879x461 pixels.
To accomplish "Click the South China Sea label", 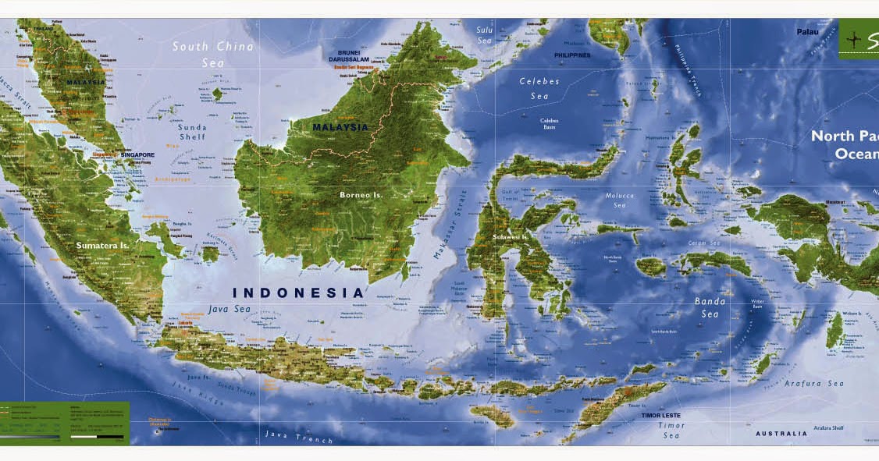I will [212, 54].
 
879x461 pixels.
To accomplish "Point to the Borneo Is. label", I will [361, 194].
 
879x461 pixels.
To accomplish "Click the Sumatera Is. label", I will [102, 245].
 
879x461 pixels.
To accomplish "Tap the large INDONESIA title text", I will [299, 293].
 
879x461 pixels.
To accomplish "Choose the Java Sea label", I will [230, 310].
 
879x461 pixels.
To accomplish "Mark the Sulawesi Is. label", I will [511, 236].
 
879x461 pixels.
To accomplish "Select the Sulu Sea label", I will [485, 34].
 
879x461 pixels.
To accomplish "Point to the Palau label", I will [807, 32].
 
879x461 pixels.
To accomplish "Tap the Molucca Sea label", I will [619, 200].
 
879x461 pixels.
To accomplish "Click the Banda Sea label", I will [710, 307].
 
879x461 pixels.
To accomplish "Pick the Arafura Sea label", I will [815, 384].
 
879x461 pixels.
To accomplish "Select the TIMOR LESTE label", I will [661, 416].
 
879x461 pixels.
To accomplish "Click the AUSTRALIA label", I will [781, 434].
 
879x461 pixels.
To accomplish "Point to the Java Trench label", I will [298, 437].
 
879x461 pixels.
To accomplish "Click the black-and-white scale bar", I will [97, 437].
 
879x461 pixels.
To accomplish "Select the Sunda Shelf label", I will [192, 132].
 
